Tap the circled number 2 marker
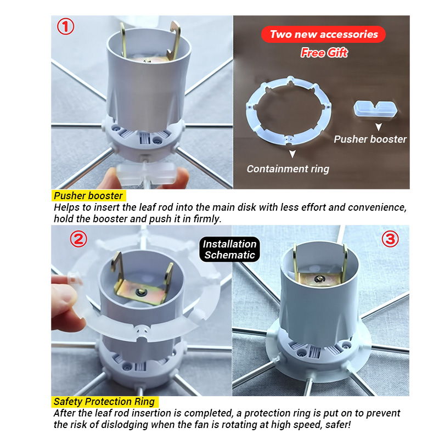pyautogui.click(x=78, y=238)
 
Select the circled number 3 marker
pyautogui.click(x=390, y=239)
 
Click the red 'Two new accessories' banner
pyautogui.click(x=324, y=35)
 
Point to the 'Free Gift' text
pyautogui.click(x=324, y=53)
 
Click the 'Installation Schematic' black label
pyautogui.click(x=230, y=249)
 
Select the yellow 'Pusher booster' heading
pyautogui.click(x=88, y=195)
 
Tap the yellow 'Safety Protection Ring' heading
pyautogui.click(x=104, y=402)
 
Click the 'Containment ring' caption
pyautogui.click(x=288, y=169)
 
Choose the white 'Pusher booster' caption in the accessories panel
pyautogui.click(x=370, y=139)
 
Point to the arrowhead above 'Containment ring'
pyautogui.click(x=292, y=154)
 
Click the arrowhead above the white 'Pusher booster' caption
pyautogui.click(x=377, y=126)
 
